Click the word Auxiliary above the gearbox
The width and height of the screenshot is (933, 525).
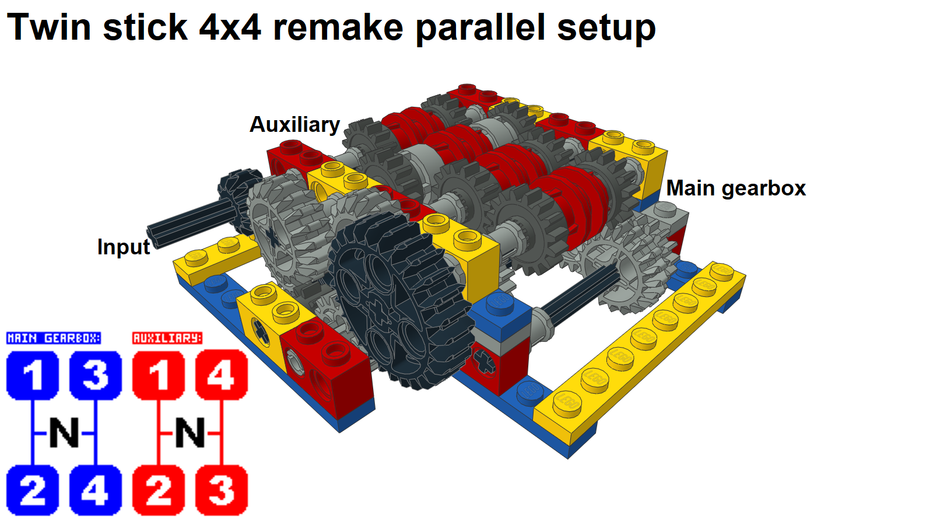(294, 125)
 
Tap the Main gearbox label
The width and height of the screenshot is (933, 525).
(736, 188)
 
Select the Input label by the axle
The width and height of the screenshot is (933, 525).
(124, 247)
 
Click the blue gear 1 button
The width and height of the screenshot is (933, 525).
(33, 375)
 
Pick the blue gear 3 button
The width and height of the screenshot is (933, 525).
(96, 375)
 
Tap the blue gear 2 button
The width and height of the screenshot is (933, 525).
(33, 490)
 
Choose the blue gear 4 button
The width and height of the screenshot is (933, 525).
(96, 490)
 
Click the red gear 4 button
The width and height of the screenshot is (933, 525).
(222, 375)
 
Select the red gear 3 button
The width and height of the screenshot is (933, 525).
(222, 490)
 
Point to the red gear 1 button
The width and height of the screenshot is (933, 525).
(159, 375)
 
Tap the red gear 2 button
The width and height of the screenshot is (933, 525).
(159, 490)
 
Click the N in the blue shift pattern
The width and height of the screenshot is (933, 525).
(64, 433)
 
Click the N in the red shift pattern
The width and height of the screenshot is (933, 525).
(190, 433)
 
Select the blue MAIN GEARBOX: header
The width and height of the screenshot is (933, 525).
(53, 338)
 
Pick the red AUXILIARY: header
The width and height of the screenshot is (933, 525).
(167, 338)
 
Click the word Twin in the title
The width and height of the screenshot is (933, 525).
(49, 27)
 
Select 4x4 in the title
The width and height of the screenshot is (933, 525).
(230, 27)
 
